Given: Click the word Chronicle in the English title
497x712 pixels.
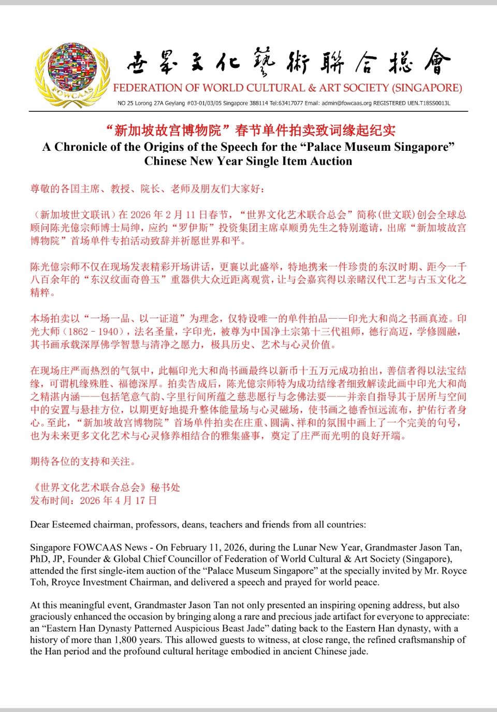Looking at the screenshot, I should (x=80, y=147).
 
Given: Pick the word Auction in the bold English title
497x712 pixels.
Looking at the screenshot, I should (x=331, y=161).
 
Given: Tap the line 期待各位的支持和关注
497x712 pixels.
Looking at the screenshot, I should (x=83, y=461).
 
